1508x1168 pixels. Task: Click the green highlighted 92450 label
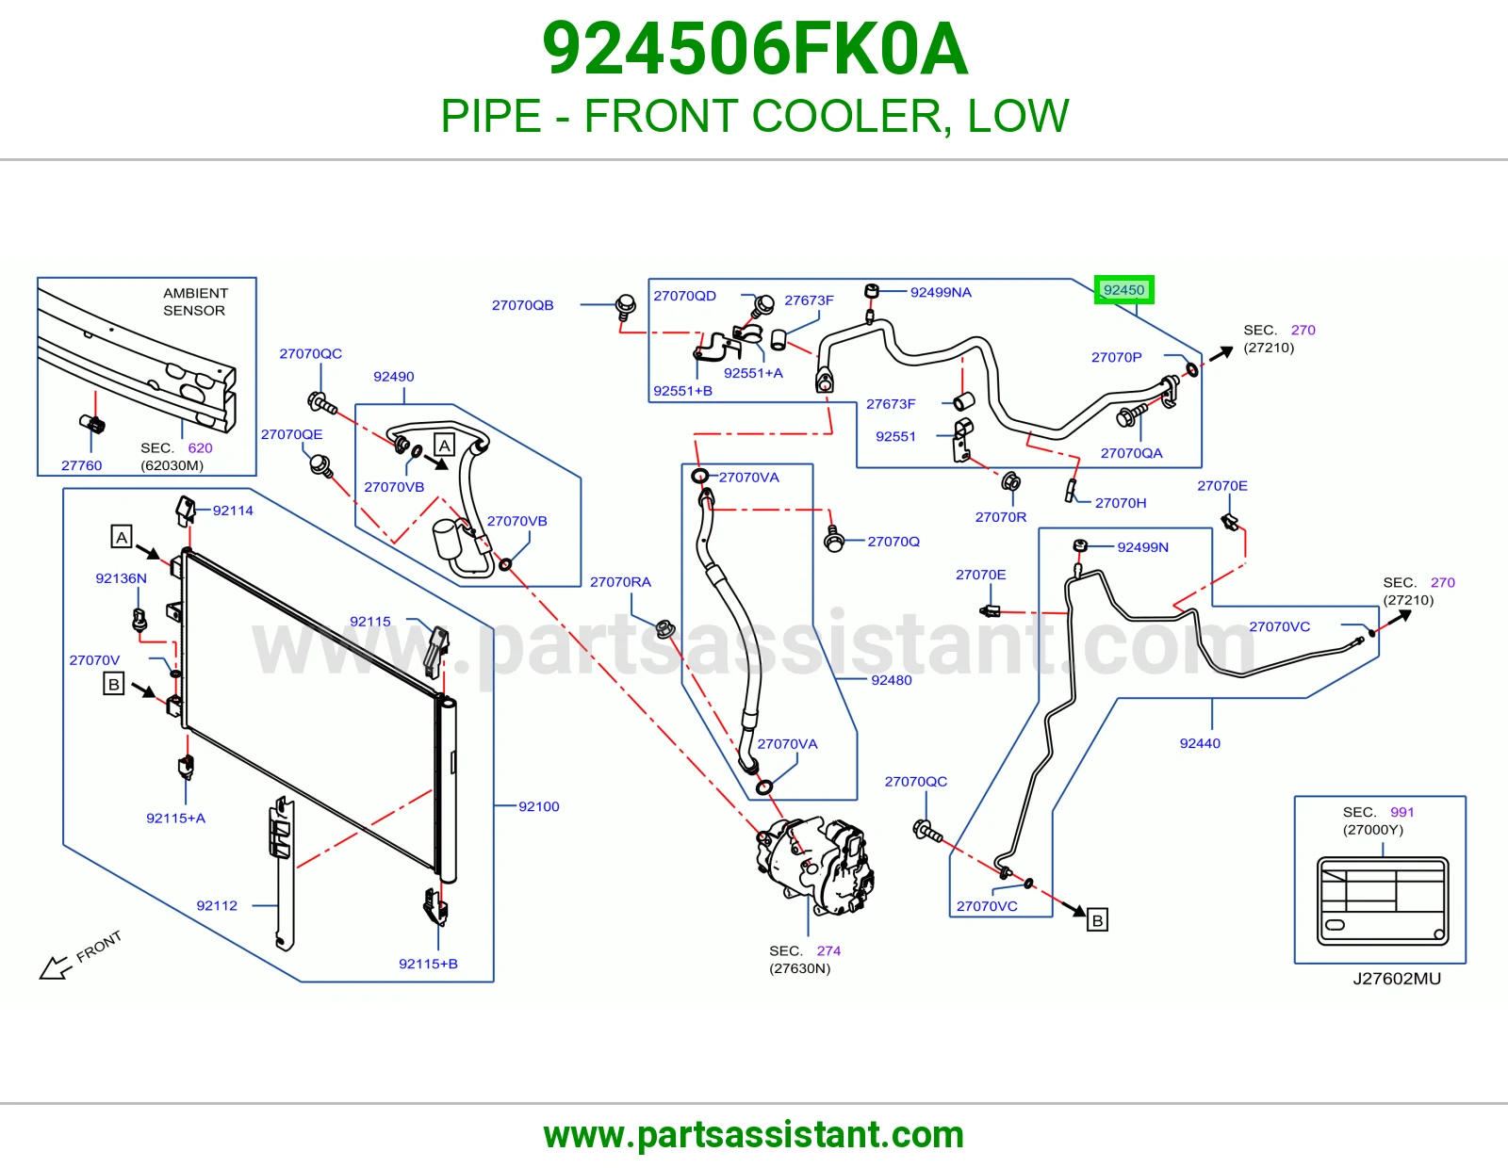tap(1123, 290)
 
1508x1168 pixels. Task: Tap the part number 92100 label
tap(538, 806)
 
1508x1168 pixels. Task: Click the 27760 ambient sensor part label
tap(81, 465)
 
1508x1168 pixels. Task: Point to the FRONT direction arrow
tap(56, 966)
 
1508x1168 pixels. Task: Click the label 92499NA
tap(941, 292)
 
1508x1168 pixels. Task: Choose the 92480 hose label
tap(891, 680)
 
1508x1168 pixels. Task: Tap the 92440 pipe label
tap(1200, 743)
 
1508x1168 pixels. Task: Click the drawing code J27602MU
tap(1397, 978)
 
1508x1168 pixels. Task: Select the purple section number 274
tap(828, 950)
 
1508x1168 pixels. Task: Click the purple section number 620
tap(200, 447)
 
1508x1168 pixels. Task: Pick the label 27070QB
tap(522, 305)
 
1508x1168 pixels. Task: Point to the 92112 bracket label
tap(217, 905)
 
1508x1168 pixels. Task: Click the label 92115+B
tap(428, 964)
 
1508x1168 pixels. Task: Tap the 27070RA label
tap(620, 582)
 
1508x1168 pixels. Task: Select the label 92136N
tap(121, 577)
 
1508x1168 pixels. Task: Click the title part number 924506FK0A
tap(754, 49)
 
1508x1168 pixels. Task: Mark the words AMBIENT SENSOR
tap(195, 301)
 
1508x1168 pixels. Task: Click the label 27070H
tap(1120, 503)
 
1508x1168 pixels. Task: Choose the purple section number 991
tap(1401, 812)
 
